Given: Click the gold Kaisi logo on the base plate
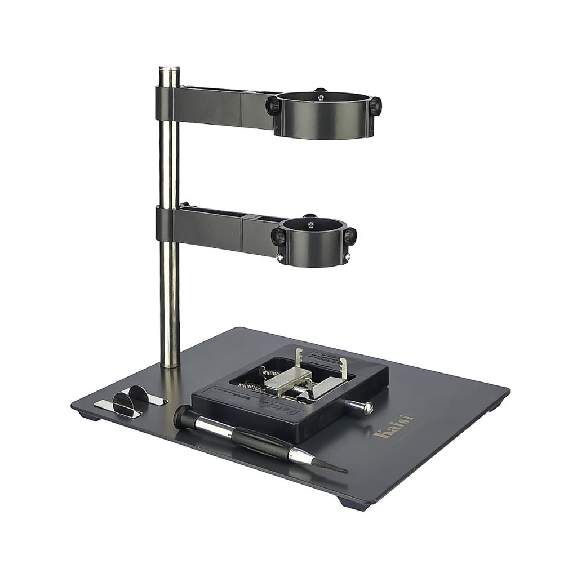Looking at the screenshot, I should point(393,428).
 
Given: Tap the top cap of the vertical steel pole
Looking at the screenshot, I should point(169,70).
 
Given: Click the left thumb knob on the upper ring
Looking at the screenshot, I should point(273,105).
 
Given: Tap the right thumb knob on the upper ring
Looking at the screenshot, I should point(375,105).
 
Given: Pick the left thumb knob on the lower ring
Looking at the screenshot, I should point(277,236).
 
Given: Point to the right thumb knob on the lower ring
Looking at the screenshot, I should point(350,236).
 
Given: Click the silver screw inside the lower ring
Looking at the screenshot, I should point(310,224).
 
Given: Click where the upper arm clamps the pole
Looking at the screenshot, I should point(168,104).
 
